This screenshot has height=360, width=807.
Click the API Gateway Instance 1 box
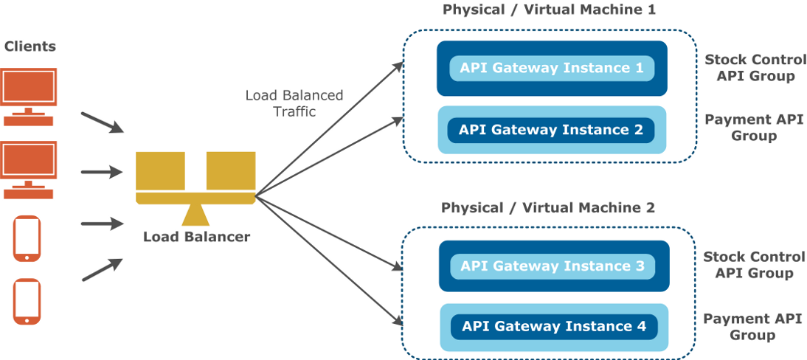[x=552, y=69]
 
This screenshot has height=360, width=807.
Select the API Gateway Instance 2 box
[x=551, y=130]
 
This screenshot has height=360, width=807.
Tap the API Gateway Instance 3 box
[x=553, y=266]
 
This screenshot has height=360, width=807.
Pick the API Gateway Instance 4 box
[x=554, y=327]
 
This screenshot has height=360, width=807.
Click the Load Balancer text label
[x=197, y=237]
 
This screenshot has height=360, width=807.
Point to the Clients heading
[x=30, y=46]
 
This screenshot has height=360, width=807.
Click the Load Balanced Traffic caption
[x=294, y=103]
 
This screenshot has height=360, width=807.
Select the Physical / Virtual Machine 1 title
[x=549, y=10]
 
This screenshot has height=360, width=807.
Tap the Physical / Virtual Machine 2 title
[x=548, y=208]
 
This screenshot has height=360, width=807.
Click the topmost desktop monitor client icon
[x=28, y=97]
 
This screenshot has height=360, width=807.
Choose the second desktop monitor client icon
[x=28, y=170]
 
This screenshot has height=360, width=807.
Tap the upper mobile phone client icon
[x=27, y=238]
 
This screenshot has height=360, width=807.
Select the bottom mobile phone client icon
[x=27, y=301]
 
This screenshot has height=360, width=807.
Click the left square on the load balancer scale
[x=161, y=171]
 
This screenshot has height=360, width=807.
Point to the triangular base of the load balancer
[x=195, y=214]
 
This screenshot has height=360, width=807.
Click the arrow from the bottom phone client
[x=103, y=269]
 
